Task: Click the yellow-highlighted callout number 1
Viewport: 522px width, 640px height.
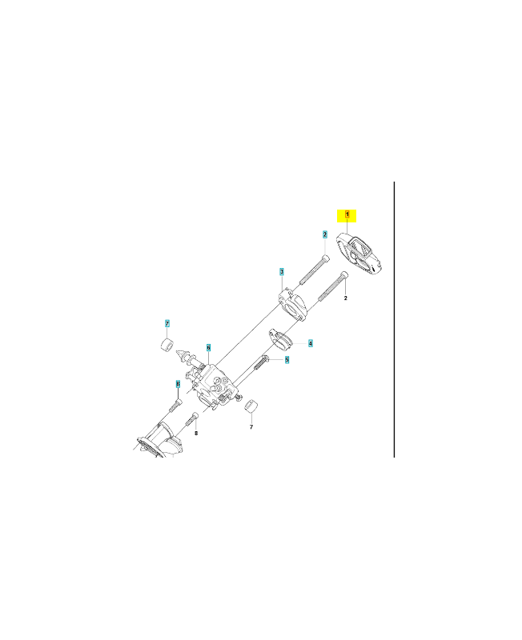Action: coord(347,214)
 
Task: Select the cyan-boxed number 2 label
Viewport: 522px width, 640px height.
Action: coord(325,234)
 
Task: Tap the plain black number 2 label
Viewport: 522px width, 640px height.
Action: coord(346,298)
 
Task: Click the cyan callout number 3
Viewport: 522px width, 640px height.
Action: coord(282,272)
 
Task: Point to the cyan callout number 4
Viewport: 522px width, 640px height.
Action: coord(311,344)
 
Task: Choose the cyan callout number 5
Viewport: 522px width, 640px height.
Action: coord(287,359)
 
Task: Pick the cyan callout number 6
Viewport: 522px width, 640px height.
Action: coord(208,348)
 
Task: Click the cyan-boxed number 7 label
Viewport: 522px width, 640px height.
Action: coord(167,324)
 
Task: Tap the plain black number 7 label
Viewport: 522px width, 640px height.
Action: coord(251,427)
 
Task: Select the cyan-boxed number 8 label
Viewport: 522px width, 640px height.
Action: coord(178,384)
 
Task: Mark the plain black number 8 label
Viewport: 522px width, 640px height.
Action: coord(196,433)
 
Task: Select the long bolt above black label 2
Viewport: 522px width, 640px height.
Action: coord(333,286)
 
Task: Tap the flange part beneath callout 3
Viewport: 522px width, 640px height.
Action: coord(293,305)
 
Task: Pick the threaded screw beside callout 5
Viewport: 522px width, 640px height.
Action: coord(261,362)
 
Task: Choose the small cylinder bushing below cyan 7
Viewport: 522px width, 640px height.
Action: coord(166,345)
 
